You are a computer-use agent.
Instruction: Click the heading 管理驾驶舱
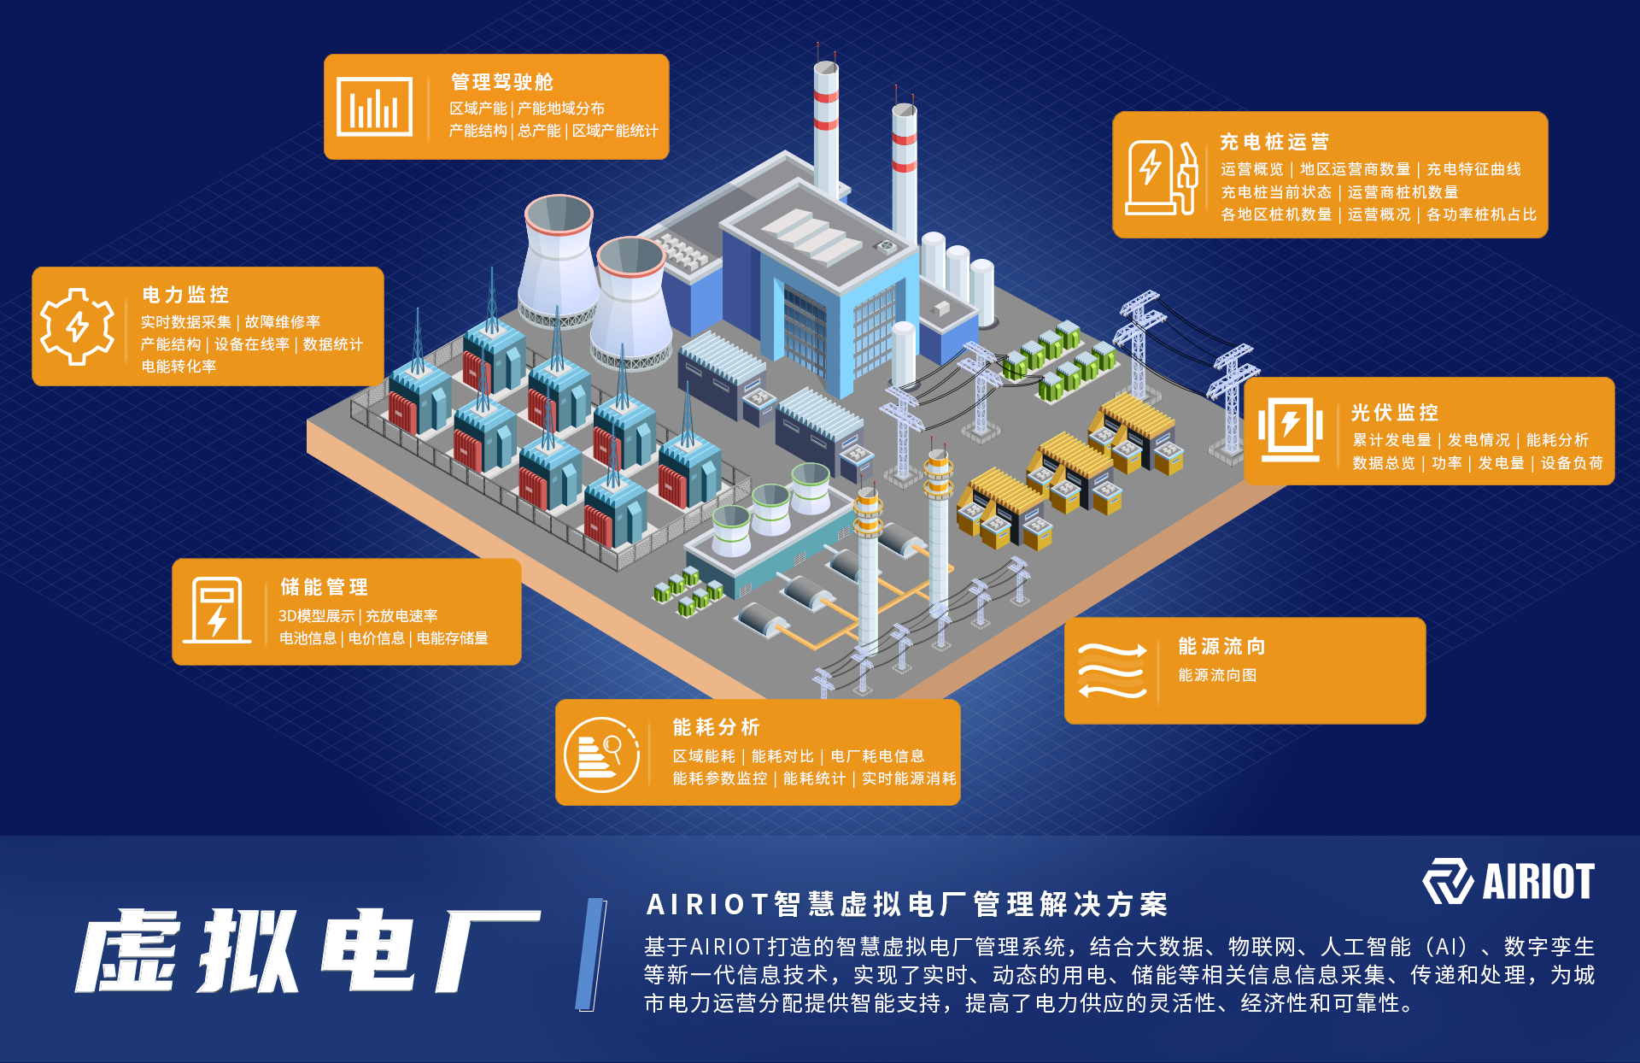(502, 82)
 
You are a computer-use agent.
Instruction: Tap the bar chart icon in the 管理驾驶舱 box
(374, 107)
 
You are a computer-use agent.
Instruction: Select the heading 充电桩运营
(1274, 142)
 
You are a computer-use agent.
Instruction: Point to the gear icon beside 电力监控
(78, 326)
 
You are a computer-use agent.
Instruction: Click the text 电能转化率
(179, 367)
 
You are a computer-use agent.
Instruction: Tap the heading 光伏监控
(1394, 414)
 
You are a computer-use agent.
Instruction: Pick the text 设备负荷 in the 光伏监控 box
(1572, 463)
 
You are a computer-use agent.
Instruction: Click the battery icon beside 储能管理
(217, 610)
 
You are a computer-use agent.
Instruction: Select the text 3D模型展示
(316, 616)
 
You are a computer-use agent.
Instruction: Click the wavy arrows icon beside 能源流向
(1111, 671)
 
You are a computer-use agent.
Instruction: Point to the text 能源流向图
(1217, 675)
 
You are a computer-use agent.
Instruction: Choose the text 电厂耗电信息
(877, 756)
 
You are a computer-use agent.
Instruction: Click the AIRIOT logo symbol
(1447, 881)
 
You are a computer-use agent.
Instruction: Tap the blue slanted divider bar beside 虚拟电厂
(591, 954)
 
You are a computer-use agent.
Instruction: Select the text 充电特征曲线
(1473, 169)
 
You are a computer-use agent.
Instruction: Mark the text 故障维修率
(283, 322)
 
